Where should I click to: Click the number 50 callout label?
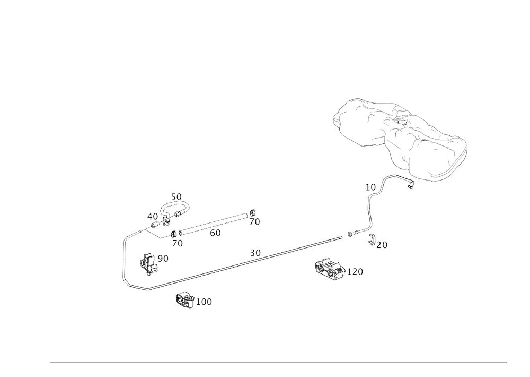pos(176,196)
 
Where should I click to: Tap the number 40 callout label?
pos(152,217)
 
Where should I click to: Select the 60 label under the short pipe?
pos(215,233)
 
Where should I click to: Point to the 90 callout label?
pos(163,258)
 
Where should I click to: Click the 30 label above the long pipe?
pos(255,252)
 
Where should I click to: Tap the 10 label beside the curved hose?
pos(370,187)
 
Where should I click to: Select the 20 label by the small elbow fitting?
pos(384,245)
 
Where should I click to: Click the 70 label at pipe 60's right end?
pos(255,222)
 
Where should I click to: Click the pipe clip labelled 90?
pos(148,263)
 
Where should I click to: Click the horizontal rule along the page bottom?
pos(278,364)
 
